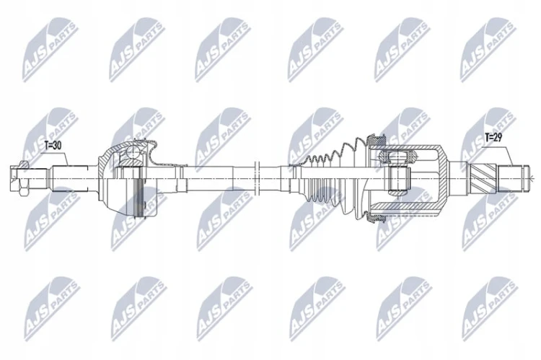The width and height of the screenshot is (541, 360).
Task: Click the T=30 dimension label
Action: coord(53,146)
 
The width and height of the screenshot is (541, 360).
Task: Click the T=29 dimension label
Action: coord(493,138)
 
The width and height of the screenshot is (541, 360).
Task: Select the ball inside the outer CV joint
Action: coord(133,152)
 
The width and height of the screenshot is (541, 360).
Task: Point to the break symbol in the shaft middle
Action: coord(256,178)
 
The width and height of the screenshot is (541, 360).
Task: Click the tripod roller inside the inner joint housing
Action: coord(397,158)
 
